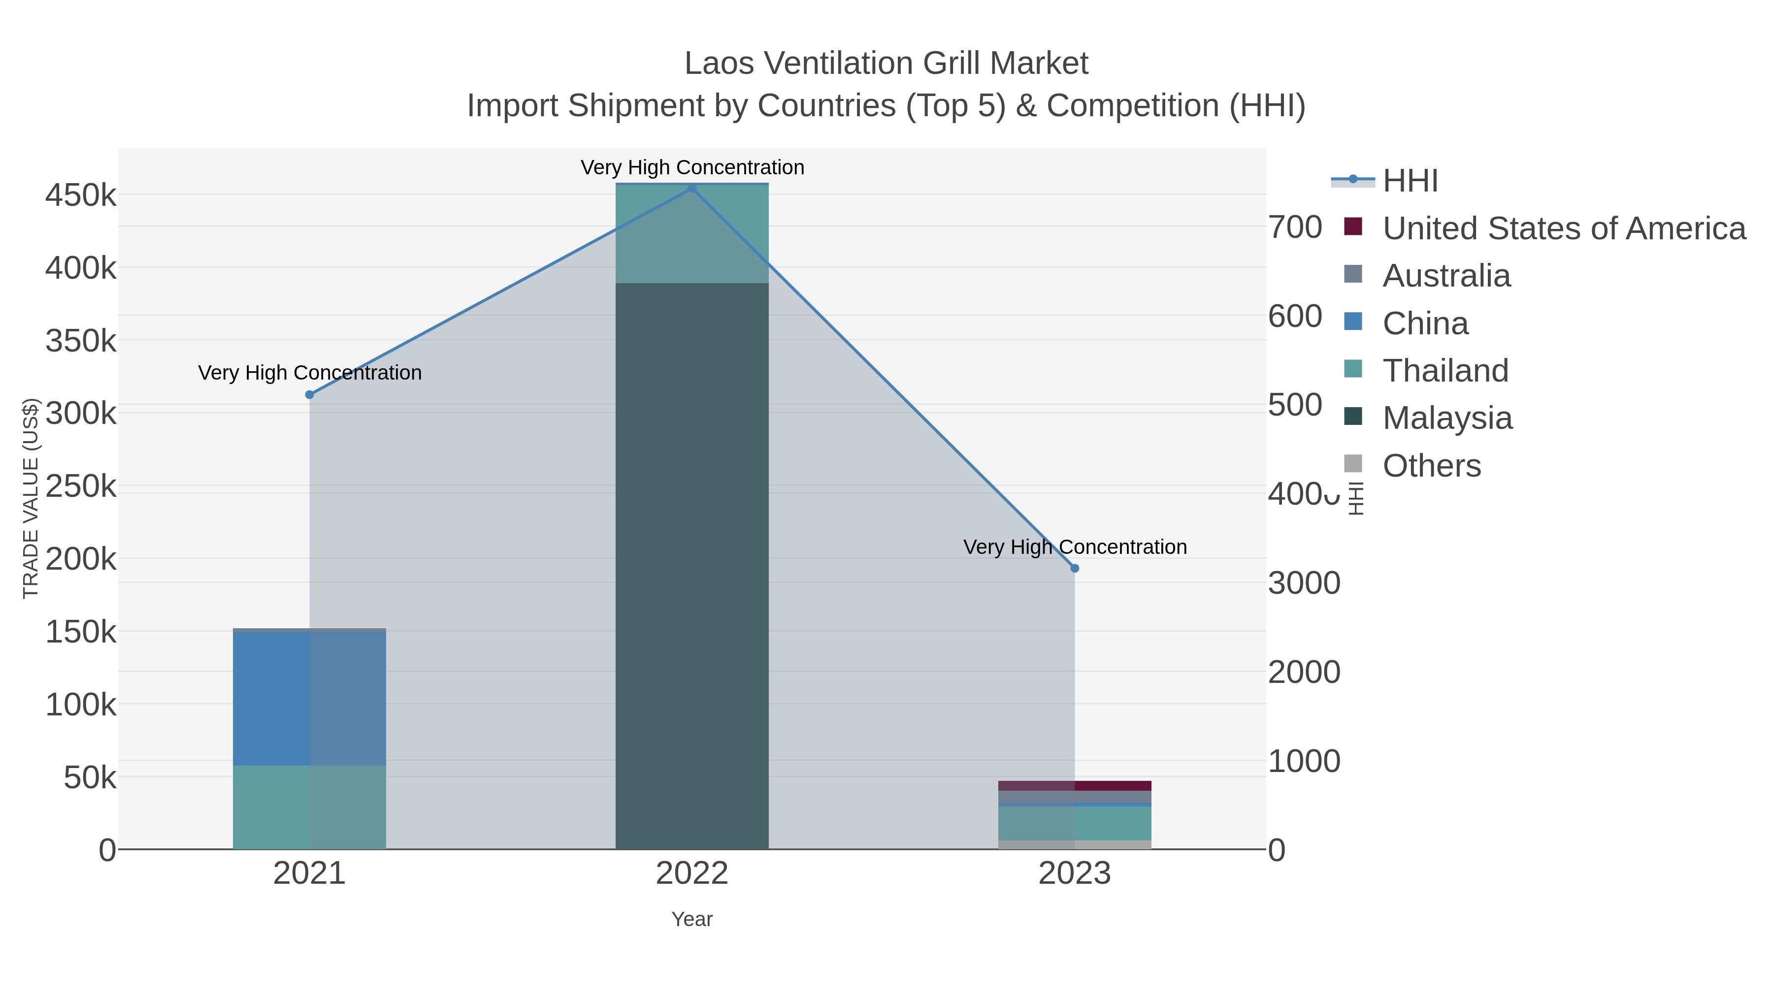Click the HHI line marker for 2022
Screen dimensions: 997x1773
click(x=692, y=189)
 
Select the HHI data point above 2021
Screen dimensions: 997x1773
click(x=310, y=394)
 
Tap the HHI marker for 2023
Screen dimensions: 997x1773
click(x=1075, y=568)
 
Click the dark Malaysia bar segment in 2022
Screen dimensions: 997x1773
click(x=692, y=564)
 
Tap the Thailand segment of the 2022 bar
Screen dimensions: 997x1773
click(x=692, y=234)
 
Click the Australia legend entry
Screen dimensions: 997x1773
click(x=1446, y=275)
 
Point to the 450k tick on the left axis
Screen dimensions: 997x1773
click(x=81, y=195)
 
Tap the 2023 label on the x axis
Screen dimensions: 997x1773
click(x=1075, y=874)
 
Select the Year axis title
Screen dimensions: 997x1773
click(x=692, y=919)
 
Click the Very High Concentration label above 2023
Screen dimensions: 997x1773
click(x=1075, y=547)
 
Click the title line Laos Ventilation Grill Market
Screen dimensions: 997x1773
click(x=886, y=64)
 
